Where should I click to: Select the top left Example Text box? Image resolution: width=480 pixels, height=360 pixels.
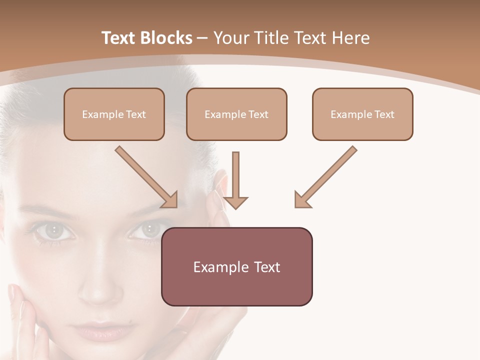click(114, 114)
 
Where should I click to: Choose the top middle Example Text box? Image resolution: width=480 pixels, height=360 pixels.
click(236, 114)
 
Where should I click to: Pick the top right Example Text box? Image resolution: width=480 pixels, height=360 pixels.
click(362, 114)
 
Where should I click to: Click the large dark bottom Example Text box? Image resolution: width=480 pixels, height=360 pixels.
click(237, 266)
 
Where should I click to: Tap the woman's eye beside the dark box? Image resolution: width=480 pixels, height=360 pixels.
click(148, 230)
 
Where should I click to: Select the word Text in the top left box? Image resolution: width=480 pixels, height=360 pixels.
click(136, 114)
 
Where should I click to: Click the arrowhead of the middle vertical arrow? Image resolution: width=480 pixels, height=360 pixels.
click(235, 202)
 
